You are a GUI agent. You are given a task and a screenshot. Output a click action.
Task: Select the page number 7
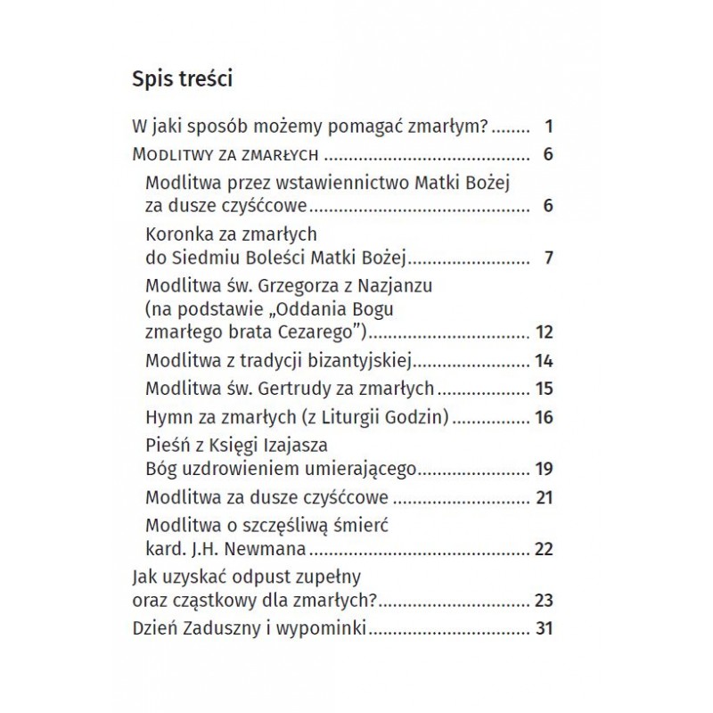coord(549,259)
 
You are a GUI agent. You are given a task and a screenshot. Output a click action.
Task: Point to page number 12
coord(545,333)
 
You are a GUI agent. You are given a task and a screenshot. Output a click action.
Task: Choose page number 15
coord(545,389)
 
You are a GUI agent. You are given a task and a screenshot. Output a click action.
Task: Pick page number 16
coord(545,416)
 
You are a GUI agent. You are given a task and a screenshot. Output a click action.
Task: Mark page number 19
coord(545,469)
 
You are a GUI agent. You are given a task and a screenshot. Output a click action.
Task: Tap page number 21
coord(545,496)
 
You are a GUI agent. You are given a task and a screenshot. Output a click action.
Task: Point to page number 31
coord(545,629)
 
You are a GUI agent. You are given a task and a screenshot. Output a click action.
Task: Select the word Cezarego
coord(317,333)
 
